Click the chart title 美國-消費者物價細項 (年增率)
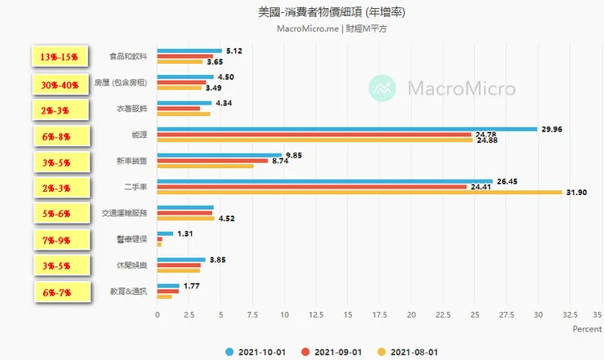pos(326,13)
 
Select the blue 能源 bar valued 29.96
pos(347,128)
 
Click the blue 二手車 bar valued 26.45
pos(325,181)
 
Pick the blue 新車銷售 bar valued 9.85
pos(219,154)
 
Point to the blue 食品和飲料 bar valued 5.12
pos(189,51)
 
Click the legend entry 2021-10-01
pos(255,351)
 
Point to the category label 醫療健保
pos(132,239)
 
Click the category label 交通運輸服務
pos(124,213)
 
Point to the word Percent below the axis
pos(586,329)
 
